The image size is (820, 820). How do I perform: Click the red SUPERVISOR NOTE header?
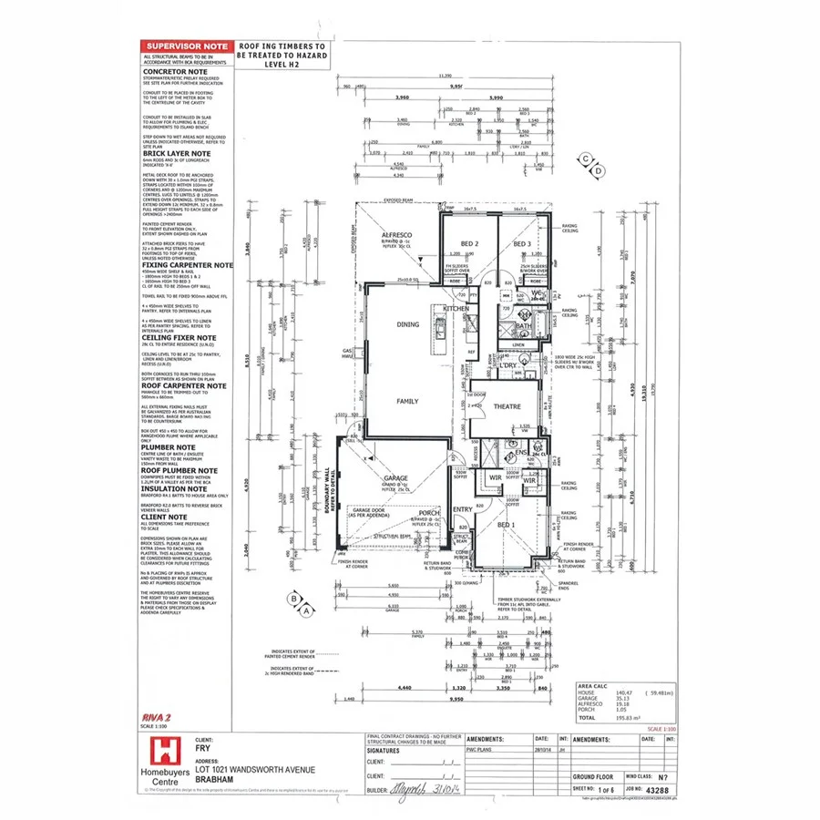tap(186, 46)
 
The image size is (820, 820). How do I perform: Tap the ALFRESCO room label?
tap(396, 235)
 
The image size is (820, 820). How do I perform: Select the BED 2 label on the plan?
tap(469, 244)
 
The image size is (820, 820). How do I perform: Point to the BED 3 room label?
tap(521, 244)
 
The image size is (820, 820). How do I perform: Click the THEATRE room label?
tap(507, 407)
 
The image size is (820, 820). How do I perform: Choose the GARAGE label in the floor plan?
tap(395, 478)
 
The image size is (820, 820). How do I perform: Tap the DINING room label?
tap(407, 323)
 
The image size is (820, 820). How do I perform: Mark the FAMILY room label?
tap(406, 400)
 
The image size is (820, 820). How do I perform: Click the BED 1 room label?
tap(507, 525)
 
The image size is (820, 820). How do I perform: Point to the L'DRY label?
tap(507, 365)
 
